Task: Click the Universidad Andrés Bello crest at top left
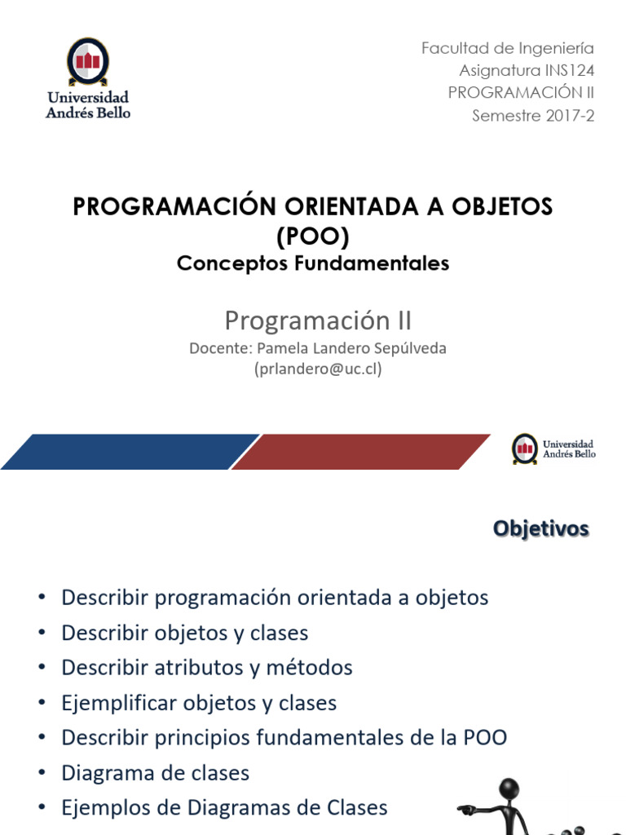pos(87,61)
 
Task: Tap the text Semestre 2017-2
pos(534,115)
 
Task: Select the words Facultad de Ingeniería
pos(508,49)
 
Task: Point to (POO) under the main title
pos(313,237)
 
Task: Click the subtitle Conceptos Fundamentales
pos(313,264)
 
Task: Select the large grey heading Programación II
pos(313,319)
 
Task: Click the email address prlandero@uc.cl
pos(319,369)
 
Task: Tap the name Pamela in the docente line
pos(284,349)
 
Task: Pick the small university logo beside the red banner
pos(525,448)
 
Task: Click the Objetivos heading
pos(540,529)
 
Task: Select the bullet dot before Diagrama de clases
pos(41,774)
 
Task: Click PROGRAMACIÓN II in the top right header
pos(522,93)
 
